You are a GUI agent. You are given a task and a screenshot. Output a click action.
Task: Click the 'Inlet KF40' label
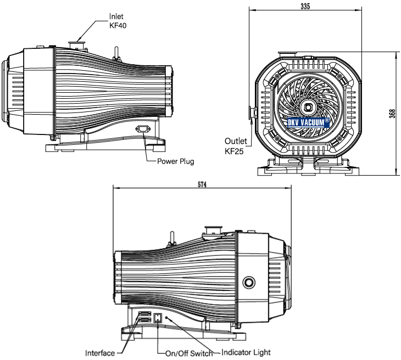tap(118, 21)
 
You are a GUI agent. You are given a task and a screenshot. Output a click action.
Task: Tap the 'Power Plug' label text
tap(176, 161)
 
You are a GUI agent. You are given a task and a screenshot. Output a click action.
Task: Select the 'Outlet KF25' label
tap(236, 146)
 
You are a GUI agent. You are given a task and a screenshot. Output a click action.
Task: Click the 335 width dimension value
tap(305, 6)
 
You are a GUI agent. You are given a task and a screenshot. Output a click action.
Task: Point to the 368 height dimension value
tap(392, 114)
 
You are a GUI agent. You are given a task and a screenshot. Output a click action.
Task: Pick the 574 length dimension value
tap(202, 184)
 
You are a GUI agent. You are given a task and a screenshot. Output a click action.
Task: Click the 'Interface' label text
tap(100, 353)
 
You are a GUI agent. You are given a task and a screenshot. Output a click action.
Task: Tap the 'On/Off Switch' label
tap(189, 353)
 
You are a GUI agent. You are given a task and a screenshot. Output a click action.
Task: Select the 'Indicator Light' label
tap(246, 352)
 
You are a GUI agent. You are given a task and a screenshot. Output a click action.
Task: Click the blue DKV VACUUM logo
tap(309, 122)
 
